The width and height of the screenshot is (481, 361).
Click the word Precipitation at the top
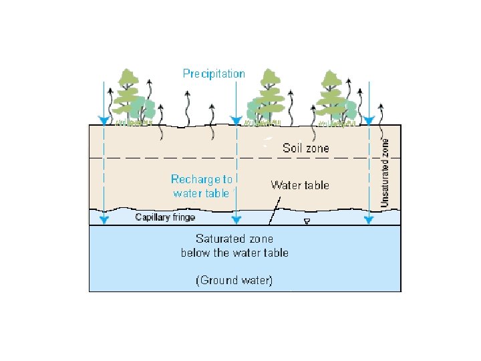pyautogui.click(x=214, y=74)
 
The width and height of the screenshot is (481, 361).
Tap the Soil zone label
pyautogui.click(x=305, y=148)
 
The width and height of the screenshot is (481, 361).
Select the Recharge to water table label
pyautogui.click(x=202, y=187)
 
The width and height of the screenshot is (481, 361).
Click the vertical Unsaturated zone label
pyautogui.click(x=385, y=172)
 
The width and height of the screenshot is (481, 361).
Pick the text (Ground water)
pyautogui.click(x=234, y=281)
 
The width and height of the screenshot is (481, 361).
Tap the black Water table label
pyautogui.click(x=299, y=185)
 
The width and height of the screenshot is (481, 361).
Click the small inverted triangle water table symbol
pyautogui.click(x=307, y=222)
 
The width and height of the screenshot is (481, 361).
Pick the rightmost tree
pyautogui.click(x=332, y=97)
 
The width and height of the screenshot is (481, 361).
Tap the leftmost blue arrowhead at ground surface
pyautogui.click(x=103, y=121)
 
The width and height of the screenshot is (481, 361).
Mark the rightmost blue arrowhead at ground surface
pyautogui.click(x=368, y=121)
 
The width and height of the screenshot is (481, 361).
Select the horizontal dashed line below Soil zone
pyautogui.click(x=200, y=158)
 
